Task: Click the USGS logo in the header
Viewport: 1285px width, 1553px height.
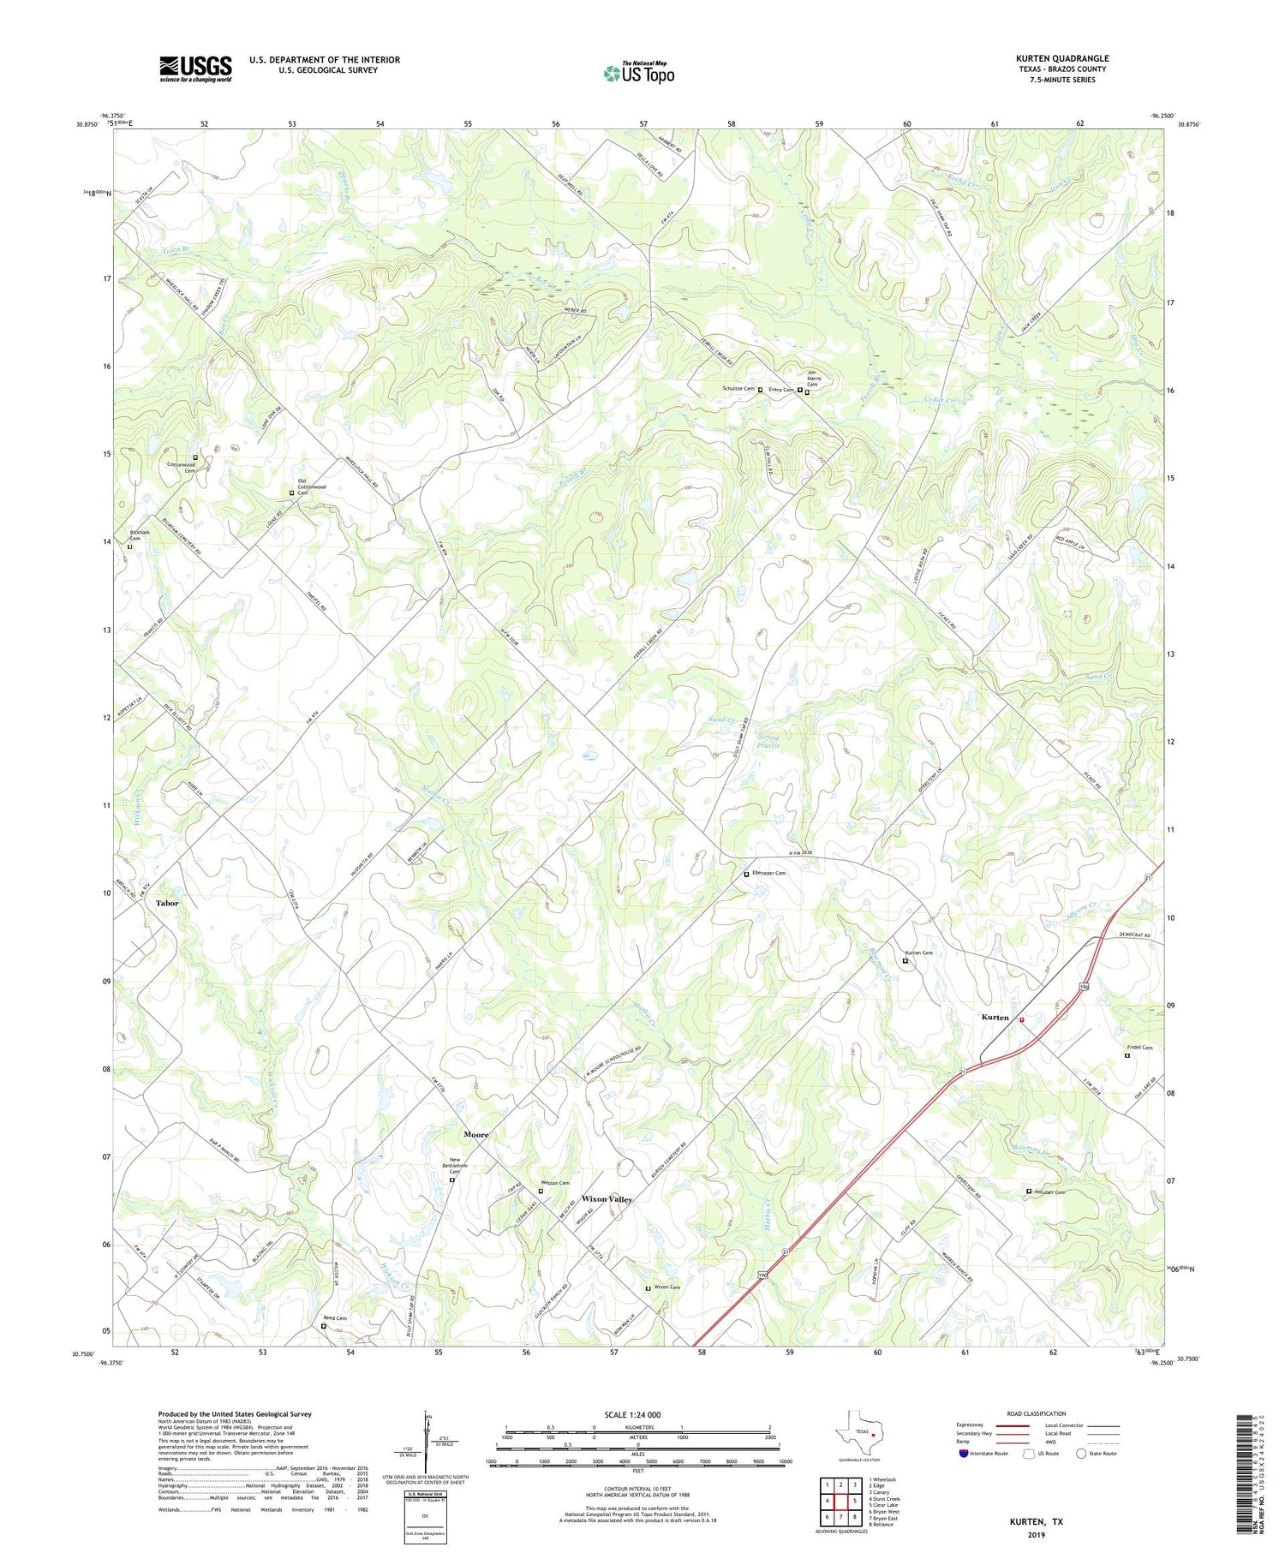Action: [195, 69]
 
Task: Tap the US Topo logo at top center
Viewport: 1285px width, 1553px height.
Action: [638, 73]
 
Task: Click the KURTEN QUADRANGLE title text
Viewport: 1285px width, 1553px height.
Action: [1061, 58]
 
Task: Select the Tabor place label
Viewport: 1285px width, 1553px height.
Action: [167, 903]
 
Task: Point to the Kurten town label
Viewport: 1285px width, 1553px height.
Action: [995, 1017]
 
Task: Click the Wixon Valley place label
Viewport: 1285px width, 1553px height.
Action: [607, 1199]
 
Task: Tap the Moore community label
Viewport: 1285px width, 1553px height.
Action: [475, 1134]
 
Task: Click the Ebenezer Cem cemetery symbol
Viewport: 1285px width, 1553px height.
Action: [746, 874]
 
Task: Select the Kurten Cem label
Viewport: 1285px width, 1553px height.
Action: [918, 953]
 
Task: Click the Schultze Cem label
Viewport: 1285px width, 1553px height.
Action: [737, 389]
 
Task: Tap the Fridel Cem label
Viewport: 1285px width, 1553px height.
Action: [1139, 1048]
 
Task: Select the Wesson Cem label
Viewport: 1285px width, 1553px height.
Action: [555, 1183]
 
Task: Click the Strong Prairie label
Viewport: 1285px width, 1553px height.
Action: [768, 740]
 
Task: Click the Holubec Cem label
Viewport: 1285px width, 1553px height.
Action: [1049, 1192]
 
